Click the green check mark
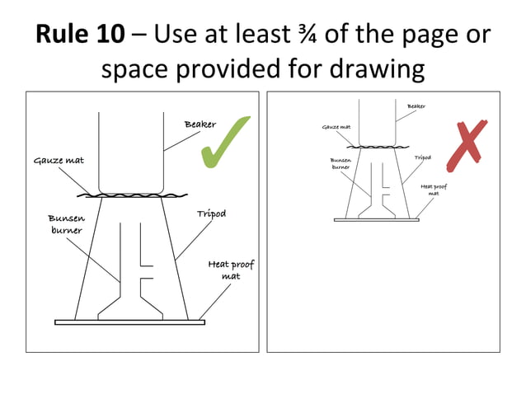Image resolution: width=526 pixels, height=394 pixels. pos(224,142)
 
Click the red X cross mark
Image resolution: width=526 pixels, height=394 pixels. pos(466,142)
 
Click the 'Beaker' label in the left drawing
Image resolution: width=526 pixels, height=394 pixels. pos(200,124)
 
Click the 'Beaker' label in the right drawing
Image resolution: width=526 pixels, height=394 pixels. pos(417,106)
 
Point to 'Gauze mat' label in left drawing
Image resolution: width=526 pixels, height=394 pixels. pos(59,160)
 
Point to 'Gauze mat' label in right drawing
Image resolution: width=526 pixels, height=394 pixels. pos(336,128)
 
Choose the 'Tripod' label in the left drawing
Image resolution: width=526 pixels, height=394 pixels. pos(211,213)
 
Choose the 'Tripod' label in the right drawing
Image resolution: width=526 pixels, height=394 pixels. pos(422,157)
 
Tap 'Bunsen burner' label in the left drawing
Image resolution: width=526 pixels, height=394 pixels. pos(65,224)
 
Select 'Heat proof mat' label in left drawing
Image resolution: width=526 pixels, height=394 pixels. pos(231,270)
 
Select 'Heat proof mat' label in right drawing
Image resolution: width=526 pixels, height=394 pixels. pos(433,190)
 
